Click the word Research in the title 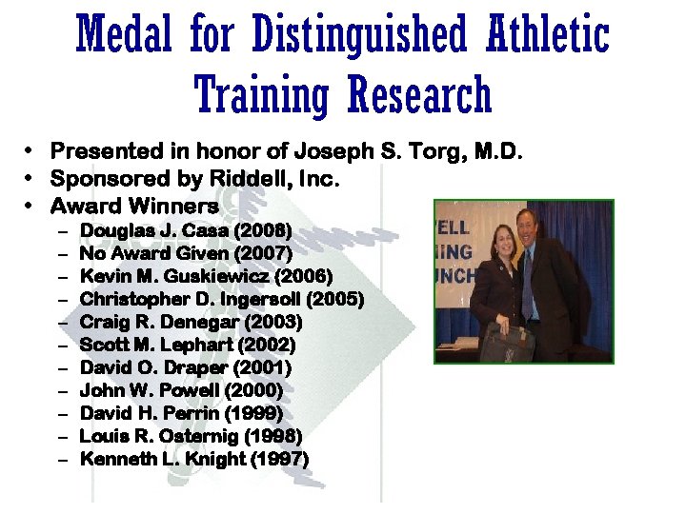click(x=419, y=95)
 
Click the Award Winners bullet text click(x=134, y=206)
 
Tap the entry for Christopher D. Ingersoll click(x=191, y=299)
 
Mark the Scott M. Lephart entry click(x=188, y=345)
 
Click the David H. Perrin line click(x=181, y=413)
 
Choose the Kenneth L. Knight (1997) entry click(x=194, y=459)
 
